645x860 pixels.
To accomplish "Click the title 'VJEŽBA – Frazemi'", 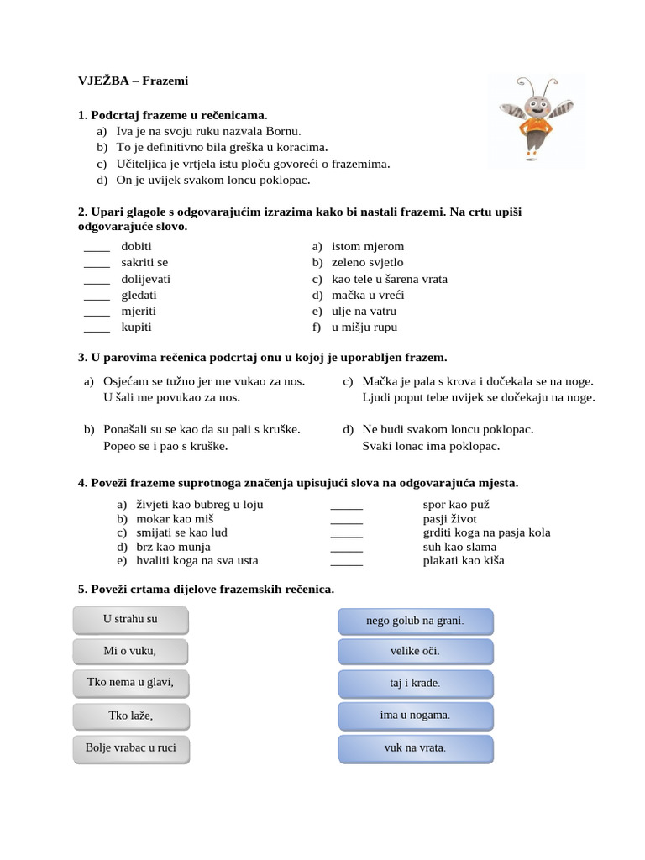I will click(133, 81).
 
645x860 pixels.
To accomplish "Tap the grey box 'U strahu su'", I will click(131, 620).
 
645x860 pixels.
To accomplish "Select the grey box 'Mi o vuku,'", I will click(131, 651).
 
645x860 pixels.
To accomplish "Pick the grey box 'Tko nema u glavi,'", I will click(131, 683).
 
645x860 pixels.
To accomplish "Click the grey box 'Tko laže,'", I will click(131, 716).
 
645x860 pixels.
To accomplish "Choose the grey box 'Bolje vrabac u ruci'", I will click(131, 747).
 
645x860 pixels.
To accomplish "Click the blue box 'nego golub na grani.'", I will click(415, 621).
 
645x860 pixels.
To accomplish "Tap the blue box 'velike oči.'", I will click(415, 652).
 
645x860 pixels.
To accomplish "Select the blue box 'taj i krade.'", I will click(415, 684).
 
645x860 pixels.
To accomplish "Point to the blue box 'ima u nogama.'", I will click(415, 716).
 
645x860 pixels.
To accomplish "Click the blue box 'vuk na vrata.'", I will click(415, 747).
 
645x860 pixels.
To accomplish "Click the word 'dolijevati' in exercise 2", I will click(145, 279).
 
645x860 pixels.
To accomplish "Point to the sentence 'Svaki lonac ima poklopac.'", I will click(430, 446).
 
